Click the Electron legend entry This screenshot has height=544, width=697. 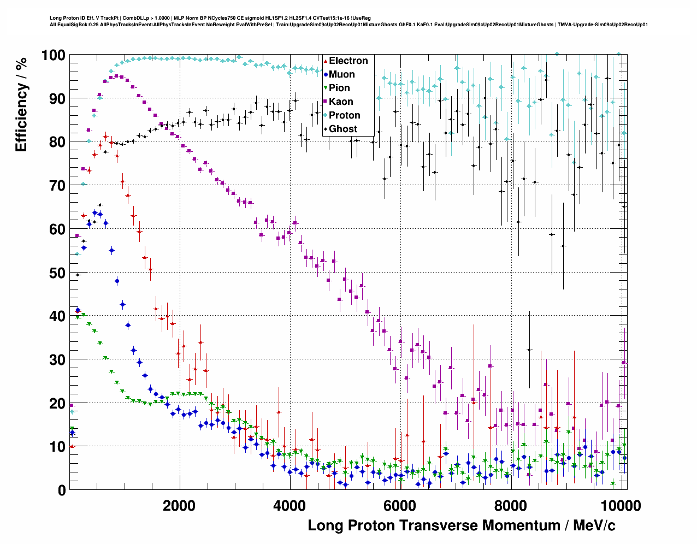348,61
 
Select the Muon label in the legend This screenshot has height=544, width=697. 341,74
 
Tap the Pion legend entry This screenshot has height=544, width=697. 339,88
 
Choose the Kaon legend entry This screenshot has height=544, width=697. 341,102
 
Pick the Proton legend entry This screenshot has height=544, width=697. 344,115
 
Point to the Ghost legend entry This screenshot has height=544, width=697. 342,129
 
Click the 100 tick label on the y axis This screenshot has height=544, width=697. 53,55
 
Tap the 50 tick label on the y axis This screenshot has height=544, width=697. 57,273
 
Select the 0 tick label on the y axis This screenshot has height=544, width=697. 61,490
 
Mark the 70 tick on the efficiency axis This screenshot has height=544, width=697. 57,186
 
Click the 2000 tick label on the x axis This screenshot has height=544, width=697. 179,505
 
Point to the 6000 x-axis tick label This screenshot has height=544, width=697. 400,505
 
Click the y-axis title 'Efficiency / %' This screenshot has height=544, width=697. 21,104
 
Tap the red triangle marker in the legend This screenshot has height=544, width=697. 326,61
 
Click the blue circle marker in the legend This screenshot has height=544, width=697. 326,74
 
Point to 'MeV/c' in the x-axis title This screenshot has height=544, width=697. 594,525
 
